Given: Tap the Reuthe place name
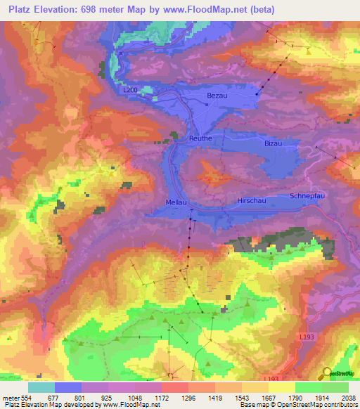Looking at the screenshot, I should [200, 138].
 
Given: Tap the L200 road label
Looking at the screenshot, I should [129, 91].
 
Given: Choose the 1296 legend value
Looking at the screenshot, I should [174, 398].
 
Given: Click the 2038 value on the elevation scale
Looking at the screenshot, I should [346, 398].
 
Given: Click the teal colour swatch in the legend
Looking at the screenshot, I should [41, 387].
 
